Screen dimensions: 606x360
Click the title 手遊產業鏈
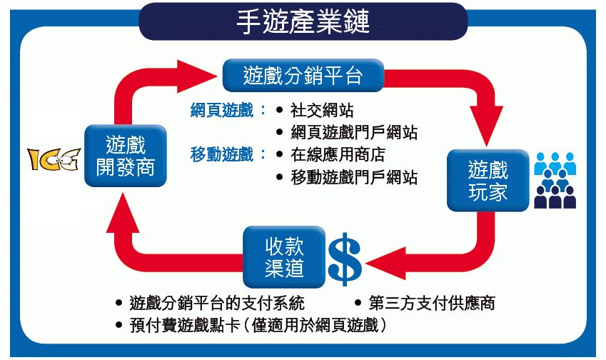pyautogui.click(x=303, y=21)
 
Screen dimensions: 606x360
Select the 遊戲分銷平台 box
pyautogui.click(x=303, y=74)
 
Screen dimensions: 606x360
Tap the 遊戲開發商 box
pyautogui.click(x=125, y=156)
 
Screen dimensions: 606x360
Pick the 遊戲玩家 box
pyautogui.click(x=488, y=181)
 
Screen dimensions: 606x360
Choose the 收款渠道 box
pyautogui.click(x=285, y=257)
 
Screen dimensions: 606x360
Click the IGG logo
pyautogui.click(x=51, y=160)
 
